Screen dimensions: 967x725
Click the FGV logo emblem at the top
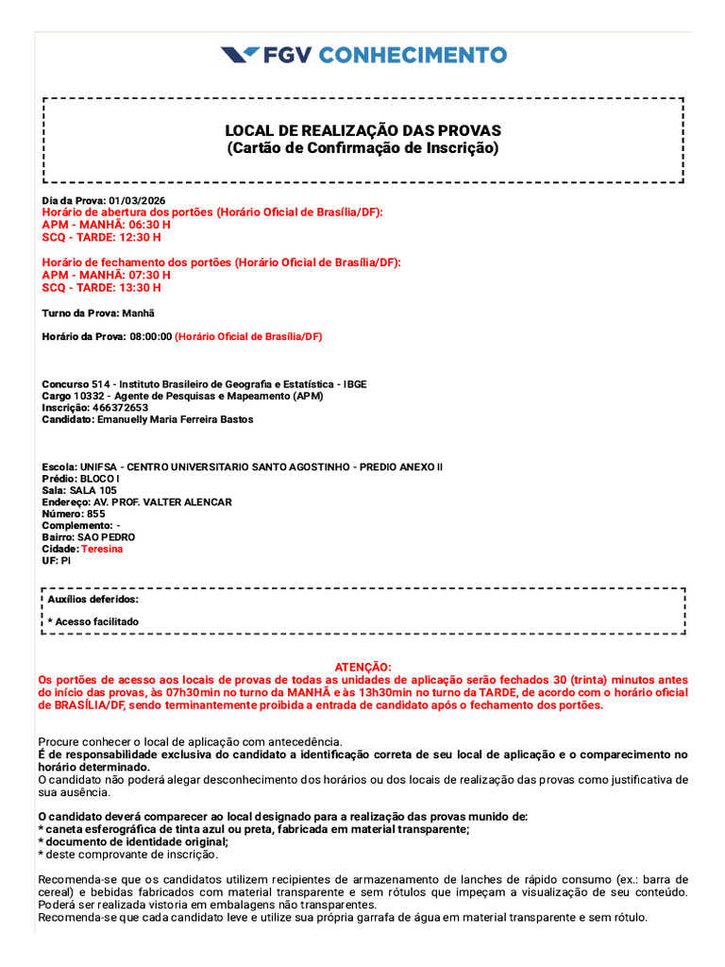(x=240, y=55)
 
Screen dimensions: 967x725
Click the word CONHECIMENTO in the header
(x=413, y=55)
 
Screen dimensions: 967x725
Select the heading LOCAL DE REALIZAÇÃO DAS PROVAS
(x=362, y=130)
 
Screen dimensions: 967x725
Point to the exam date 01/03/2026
(x=137, y=201)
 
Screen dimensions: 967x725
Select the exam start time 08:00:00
(x=151, y=336)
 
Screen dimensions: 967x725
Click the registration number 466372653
(x=120, y=408)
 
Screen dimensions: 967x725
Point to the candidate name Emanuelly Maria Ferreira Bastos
(x=176, y=419)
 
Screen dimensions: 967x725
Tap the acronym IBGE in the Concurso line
(x=355, y=384)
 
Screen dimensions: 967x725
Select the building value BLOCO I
(x=100, y=479)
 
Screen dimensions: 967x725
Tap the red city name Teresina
(x=102, y=549)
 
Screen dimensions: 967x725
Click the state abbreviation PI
(x=66, y=560)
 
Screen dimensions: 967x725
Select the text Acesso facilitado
(x=96, y=621)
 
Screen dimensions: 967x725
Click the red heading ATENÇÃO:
(x=362, y=667)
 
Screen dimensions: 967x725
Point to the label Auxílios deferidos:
(x=93, y=599)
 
